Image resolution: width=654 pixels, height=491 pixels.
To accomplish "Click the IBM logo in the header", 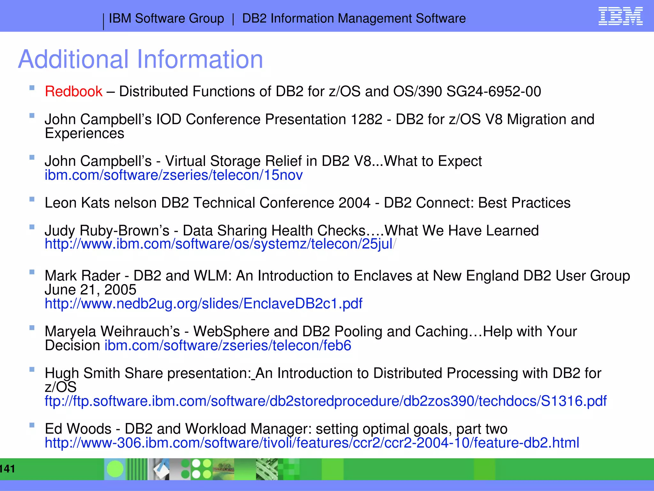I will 620,16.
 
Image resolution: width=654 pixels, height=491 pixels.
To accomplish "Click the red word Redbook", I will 73,91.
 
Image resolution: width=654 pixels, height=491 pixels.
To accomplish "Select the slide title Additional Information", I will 141,59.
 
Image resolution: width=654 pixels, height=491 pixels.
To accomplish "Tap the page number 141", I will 7,469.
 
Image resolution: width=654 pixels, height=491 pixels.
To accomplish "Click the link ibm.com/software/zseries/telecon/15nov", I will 173,175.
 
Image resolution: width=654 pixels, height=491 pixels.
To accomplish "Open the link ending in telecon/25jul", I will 219,244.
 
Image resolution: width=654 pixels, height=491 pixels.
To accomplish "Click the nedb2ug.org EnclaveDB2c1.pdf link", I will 203,303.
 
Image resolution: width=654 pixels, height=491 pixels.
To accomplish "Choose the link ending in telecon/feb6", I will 228,346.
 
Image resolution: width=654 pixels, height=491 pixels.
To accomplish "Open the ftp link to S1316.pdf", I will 325,401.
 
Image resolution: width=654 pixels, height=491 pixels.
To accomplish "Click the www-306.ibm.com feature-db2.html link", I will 312,443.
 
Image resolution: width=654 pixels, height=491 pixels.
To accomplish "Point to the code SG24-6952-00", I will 493,91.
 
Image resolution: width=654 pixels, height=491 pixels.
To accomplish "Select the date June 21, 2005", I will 90,290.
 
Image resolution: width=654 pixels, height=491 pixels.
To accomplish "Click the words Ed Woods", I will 78,429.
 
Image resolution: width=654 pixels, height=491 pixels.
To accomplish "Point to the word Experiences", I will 84,133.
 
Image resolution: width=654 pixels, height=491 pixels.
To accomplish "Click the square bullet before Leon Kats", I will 32,199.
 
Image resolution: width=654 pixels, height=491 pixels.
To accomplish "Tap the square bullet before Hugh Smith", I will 32,370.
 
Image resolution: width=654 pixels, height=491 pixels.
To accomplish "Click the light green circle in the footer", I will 115,469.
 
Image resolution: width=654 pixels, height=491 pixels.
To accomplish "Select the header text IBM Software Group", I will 166,19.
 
